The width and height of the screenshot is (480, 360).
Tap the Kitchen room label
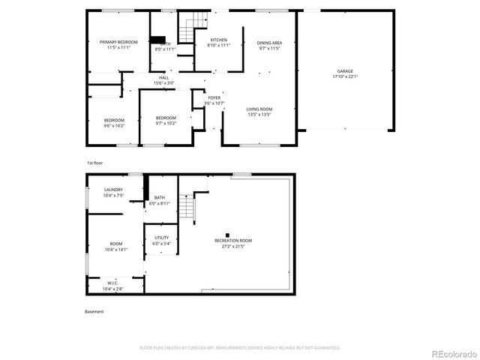pos(218,40)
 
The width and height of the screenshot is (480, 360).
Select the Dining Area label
pos(269,43)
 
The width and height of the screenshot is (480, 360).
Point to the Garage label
pos(345,71)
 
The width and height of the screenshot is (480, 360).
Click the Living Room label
pos(259,109)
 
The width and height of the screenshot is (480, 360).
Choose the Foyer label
pos(214,97)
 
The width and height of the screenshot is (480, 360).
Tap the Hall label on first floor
pos(163,77)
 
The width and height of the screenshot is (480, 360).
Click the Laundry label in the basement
pos(113,190)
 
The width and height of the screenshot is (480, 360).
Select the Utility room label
pos(161,238)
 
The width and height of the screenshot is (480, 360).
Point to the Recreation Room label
pos(232,241)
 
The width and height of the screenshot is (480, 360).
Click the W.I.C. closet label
pos(112,283)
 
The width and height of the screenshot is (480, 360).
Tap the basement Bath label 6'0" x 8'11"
pos(160,198)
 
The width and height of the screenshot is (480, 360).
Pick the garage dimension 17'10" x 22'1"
pos(345,76)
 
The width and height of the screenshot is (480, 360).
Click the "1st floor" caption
pos(94,162)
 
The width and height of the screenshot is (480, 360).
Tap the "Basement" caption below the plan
pos(94,311)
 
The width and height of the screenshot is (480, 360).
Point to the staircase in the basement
pos(196,205)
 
